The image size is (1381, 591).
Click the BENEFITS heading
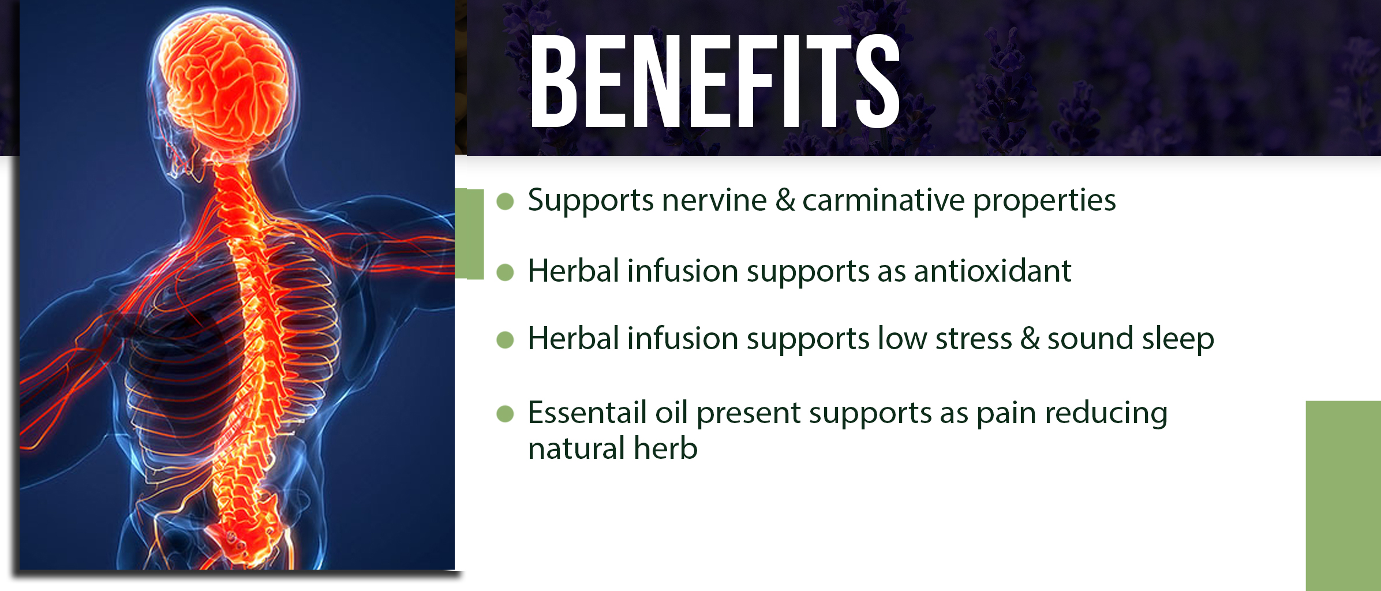[x=715, y=81]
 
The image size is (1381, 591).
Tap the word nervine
[x=714, y=200]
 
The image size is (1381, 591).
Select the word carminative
[x=884, y=200]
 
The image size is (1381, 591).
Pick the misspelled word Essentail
[x=587, y=413]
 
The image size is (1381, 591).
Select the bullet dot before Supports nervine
[x=505, y=201]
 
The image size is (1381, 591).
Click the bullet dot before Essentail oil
[x=505, y=414]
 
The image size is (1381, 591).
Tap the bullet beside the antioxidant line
[x=505, y=272]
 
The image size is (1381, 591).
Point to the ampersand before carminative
[x=785, y=200]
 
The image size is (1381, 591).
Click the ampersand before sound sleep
[x=1030, y=338]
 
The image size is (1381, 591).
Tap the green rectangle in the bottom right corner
[x=1343, y=496]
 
